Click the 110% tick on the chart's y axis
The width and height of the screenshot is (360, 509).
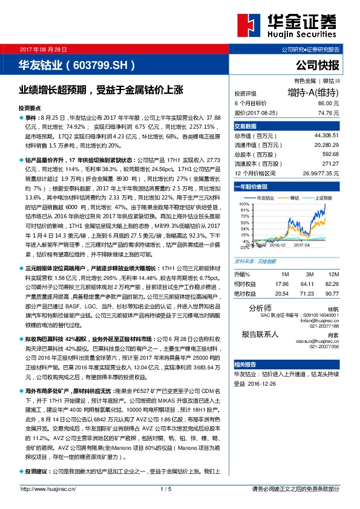pos(245,204)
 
